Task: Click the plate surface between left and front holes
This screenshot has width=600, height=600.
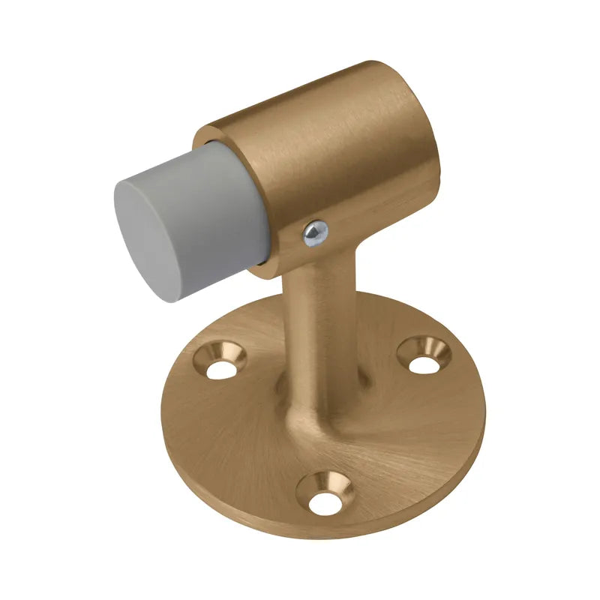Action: click(x=240, y=442)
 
